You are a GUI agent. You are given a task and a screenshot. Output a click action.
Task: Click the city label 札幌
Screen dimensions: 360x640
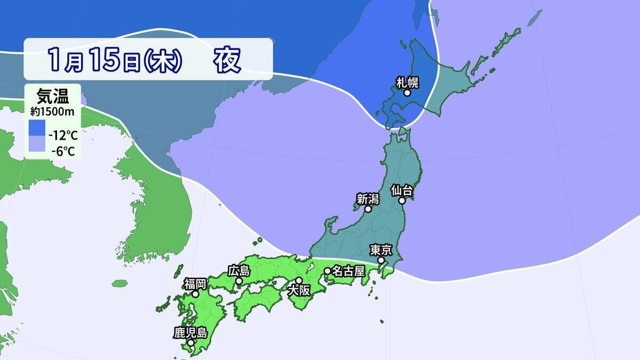tap(407, 82)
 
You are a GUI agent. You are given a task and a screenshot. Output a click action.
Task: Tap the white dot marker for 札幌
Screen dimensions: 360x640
tap(407, 93)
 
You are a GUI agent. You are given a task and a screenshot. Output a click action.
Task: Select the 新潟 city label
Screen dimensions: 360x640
tap(367, 199)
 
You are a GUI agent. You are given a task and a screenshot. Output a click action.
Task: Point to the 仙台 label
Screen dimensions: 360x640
tap(402, 190)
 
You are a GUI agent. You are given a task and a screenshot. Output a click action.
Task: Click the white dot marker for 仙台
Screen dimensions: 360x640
tap(404, 201)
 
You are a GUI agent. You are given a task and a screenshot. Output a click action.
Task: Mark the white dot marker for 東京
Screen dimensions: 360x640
tap(381, 260)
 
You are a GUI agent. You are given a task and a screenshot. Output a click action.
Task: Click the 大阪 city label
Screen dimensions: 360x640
tap(298, 291)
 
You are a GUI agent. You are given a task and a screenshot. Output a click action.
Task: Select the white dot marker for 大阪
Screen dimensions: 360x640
tap(299, 280)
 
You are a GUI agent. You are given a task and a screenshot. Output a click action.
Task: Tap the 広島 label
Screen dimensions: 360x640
tap(238, 270)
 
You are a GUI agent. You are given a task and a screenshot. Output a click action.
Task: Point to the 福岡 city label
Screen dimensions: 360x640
tap(196, 283)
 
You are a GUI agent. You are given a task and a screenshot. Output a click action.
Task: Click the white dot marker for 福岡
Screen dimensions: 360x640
tap(196, 294)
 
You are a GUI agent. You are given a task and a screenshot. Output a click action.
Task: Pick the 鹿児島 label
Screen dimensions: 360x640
tap(189, 332)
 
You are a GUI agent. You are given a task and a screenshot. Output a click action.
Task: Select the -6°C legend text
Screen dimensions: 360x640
tap(63, 151)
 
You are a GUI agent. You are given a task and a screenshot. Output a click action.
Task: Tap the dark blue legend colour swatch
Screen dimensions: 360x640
tap(37, 128)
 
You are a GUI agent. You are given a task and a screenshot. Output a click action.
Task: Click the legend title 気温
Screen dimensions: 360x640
tap(52, 98)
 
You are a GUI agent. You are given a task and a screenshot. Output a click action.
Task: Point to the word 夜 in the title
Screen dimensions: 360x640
tap(228, 60)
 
